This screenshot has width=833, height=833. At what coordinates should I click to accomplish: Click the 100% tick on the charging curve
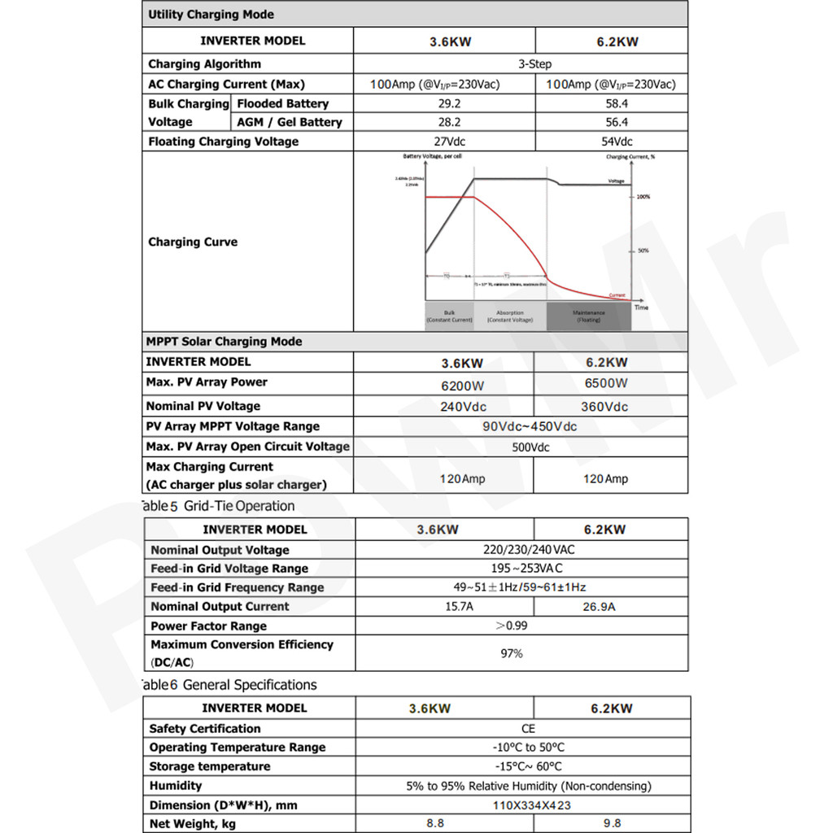(643, 197)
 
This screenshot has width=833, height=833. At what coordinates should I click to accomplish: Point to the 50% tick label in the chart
(643, 251)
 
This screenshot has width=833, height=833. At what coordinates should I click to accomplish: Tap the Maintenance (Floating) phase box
(588, 316)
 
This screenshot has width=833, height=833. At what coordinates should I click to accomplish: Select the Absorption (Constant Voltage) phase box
(510, 316)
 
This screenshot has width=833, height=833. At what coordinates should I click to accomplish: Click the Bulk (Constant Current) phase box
(449, 316)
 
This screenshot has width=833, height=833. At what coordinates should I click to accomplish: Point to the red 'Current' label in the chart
(617, 294)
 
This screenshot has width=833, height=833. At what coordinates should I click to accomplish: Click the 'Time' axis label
(641, 307)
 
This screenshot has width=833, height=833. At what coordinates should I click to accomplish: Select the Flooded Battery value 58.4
(611, 104)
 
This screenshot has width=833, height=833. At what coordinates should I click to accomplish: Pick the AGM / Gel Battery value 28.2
(444, 122)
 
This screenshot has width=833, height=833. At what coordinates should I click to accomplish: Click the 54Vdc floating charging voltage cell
(611, 142)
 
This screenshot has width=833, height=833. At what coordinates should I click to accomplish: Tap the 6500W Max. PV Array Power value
(606, 383)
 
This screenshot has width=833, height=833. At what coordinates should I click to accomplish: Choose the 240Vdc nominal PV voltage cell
(463, 407)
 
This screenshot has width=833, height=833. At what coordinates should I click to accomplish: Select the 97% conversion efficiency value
(512, 653)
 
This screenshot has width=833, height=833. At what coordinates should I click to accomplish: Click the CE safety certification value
(528, 729)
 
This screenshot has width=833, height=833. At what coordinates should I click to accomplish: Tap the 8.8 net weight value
(435, 823)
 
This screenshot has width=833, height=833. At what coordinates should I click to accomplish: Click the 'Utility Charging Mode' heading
(211, 15)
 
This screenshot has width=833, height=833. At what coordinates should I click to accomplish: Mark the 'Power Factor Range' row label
(208, 626)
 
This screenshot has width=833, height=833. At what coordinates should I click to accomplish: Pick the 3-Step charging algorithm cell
(534, 64)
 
